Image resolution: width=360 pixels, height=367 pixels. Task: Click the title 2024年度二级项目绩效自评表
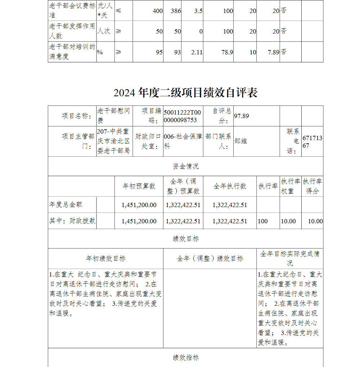pos(185,93)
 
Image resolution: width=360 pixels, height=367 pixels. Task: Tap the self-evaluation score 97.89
pos(242,116)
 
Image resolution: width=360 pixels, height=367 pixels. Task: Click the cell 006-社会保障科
pos(183,142)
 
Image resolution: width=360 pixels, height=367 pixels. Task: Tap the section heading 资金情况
pos(185,166)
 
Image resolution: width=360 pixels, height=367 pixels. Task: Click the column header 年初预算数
pos(139,186)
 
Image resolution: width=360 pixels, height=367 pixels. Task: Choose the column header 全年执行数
pos(230,186)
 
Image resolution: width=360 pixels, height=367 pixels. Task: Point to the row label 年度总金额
pos(66,205)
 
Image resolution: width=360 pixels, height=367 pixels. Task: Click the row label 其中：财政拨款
pos(72,221)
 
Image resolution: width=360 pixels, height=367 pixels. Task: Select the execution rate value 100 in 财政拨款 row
pos(263,221)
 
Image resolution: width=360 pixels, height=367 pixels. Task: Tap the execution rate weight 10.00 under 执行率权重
pos(288,221)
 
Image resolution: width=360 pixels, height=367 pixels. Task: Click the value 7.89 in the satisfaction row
pos(274,52)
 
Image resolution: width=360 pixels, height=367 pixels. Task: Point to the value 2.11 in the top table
pos(197,52)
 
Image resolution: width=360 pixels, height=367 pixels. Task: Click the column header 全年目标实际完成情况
pos(290,258)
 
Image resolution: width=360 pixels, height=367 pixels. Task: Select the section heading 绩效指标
pos(185,357)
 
